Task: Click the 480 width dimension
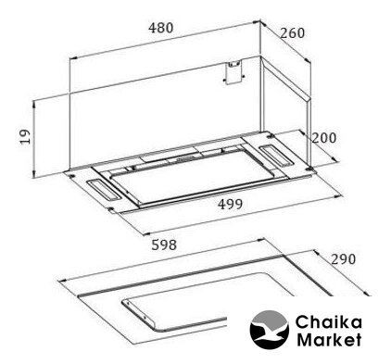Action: pyautogui.click(x=160, y=28)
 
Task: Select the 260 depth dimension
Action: pyautogui.click(x=292, y=33)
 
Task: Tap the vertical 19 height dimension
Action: pyautogui.click(x=25, y=137)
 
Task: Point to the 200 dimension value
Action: pyautogui.click(x=323, y=138)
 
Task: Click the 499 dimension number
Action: pyautogui.click(x=230, y=204)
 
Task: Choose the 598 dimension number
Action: pyautogui.click(x=164, y=245)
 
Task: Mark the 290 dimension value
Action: pyautogui.click(x=344, y=259)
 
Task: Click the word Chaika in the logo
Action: pyautogui.click(x=328, y=322)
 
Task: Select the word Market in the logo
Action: pyautogui.click(x=329, y=339)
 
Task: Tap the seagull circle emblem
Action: pyautogui.click(x=270, y=330)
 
